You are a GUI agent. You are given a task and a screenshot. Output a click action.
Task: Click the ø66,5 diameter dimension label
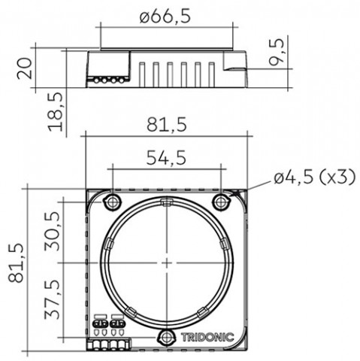pos(165,17)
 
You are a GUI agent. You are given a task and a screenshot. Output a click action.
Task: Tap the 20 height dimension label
pos(25,68)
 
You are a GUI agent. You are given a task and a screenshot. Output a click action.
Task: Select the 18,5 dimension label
pos(56,112)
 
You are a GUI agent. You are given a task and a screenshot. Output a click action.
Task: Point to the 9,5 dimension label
pos(277,52)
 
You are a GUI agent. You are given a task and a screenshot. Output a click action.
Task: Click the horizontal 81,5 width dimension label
pos(167,125)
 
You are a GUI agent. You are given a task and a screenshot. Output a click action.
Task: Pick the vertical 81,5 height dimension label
pos(16,262)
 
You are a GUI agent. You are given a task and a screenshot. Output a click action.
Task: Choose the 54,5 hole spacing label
pos(166,158)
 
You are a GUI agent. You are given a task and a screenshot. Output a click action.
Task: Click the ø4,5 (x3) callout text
pos(315,177)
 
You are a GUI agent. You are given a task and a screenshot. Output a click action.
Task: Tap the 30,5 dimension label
pos(53,231)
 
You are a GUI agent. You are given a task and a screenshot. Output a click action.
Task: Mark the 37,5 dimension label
pos(53,299)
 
